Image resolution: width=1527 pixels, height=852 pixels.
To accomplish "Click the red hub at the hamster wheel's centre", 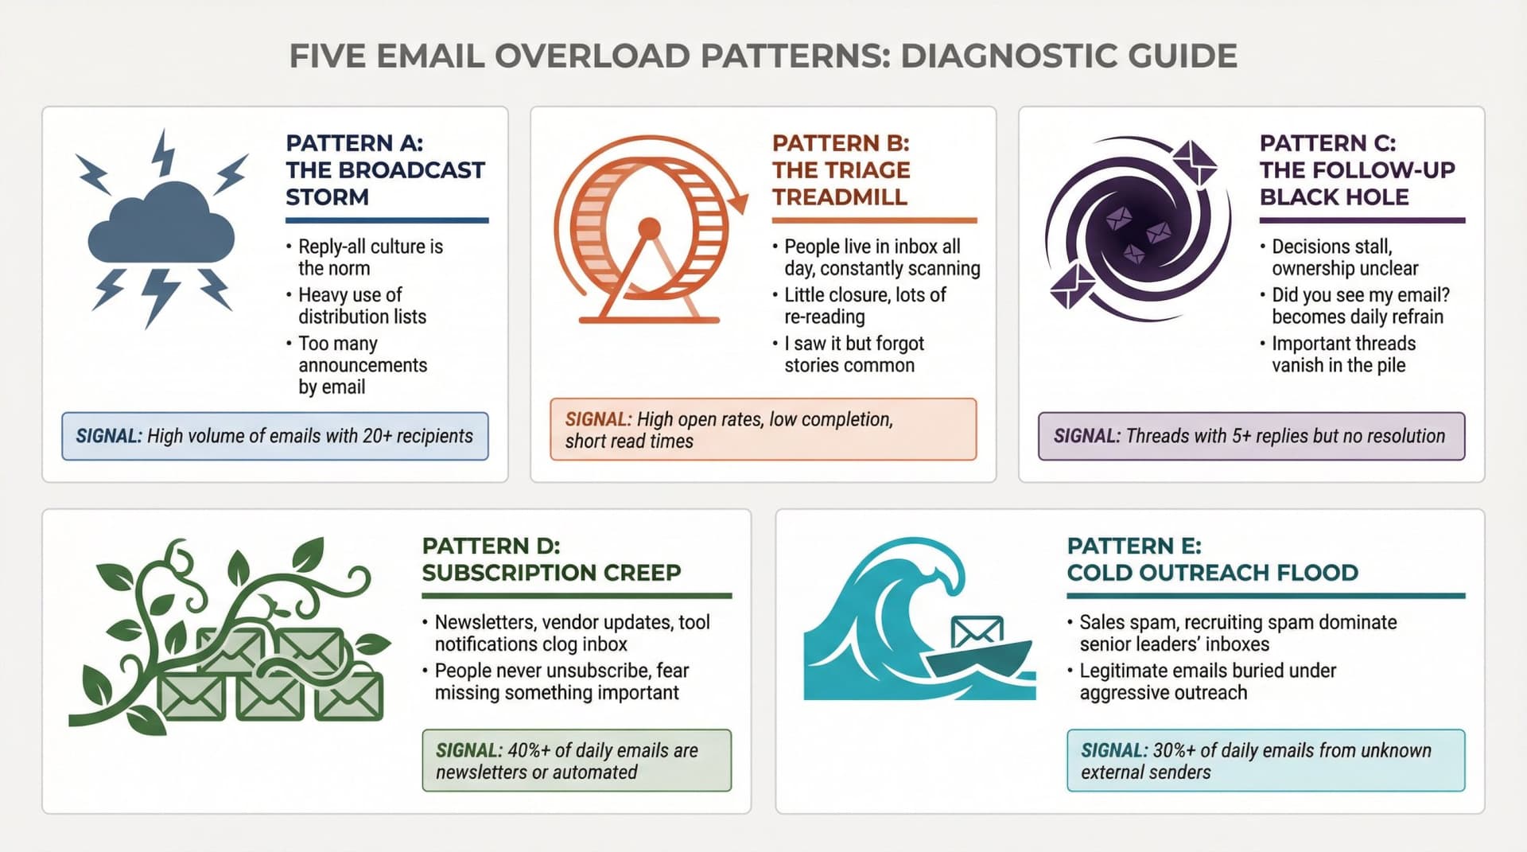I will (649, 229).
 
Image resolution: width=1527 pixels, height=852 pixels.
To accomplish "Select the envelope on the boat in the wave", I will (977, 632).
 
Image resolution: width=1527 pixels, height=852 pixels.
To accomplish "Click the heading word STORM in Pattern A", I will (327, 196).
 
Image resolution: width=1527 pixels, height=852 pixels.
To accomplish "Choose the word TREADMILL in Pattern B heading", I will (839, 196).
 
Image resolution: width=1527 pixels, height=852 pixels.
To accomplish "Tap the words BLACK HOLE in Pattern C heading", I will (1334, 196).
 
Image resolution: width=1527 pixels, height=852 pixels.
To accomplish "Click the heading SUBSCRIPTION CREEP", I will (551, 572).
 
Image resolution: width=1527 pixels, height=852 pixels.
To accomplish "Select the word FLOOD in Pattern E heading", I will (1317, 572).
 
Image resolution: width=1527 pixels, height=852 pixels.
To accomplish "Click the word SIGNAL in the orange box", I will (597, 419).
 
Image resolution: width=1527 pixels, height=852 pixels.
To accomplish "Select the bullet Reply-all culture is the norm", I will (370, 257).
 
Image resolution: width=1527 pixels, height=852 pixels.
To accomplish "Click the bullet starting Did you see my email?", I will (1360, 305).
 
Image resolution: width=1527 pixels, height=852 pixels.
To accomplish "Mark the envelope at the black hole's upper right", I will (1194, 163).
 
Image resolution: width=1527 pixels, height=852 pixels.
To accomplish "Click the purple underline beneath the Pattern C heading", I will (1362, 220).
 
